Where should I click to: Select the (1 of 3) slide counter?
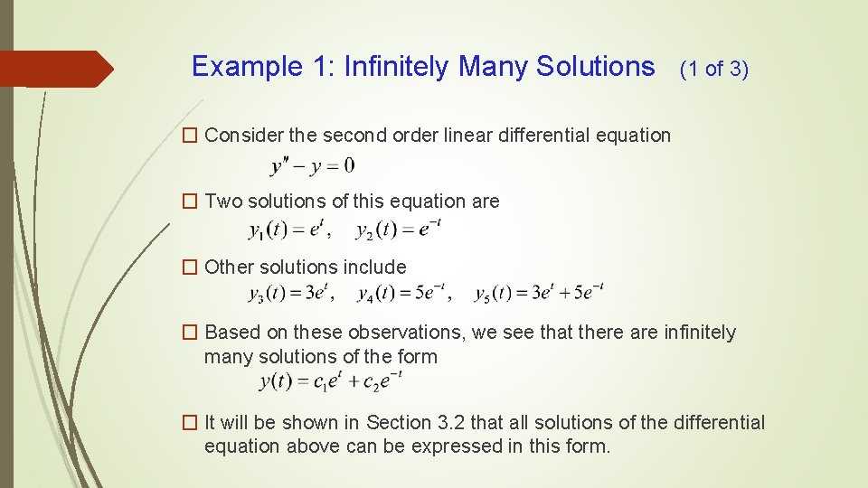713,69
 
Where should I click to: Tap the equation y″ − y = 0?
312,165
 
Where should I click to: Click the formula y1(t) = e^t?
287,230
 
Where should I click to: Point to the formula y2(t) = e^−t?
399,230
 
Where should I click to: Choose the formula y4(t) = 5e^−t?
403,294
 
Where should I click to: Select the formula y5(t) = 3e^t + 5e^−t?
539,294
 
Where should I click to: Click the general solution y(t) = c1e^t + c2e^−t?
330,381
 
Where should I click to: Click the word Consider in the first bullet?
244,136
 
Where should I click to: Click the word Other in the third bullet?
230,267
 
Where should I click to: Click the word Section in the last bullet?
408,423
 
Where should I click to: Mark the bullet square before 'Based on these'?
190,333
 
